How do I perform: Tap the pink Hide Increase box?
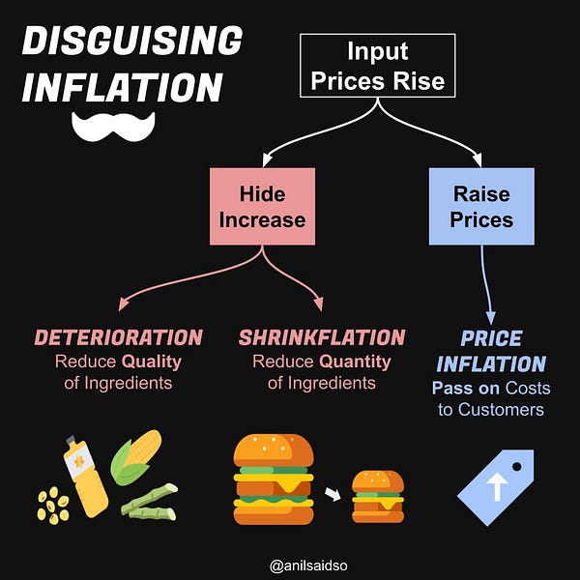262,207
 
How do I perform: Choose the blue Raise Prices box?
482,207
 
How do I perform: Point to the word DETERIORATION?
119,337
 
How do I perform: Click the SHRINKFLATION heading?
321,337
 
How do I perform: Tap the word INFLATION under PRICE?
491,363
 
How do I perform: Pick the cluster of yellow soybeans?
54,505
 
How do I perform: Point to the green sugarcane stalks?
150,502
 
